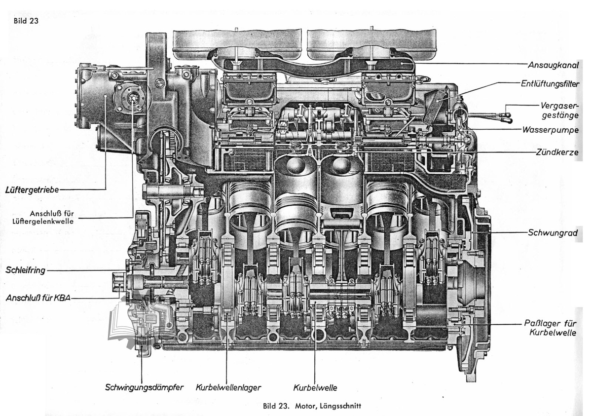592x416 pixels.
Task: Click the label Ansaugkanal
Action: (x=553, y=65)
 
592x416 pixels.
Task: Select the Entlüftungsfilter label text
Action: (x=550, y=84)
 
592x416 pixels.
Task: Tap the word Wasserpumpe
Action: (x=550, y=130)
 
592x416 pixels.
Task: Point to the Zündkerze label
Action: (x=557, y=152)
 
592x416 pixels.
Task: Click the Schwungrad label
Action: (x=553, y=233)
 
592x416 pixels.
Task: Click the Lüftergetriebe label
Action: (x=32, y=190)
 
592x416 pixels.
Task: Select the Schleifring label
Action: (x=25, y=270)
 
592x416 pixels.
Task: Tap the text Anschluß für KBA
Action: (x=38, y=298)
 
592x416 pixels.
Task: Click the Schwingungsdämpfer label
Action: (x=144, y=387)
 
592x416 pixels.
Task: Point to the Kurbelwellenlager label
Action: (x=228, y=388)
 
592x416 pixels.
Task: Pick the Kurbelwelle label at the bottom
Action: (x=315, y=388)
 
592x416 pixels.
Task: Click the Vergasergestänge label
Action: (x=559, y=111)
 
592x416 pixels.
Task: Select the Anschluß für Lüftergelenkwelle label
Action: (x=43, y=217)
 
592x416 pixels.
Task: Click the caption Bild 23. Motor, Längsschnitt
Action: (x=312, y=406)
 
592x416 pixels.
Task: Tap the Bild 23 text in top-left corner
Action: (x=26, y=21)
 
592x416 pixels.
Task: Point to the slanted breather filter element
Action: (x=436, y=107)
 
